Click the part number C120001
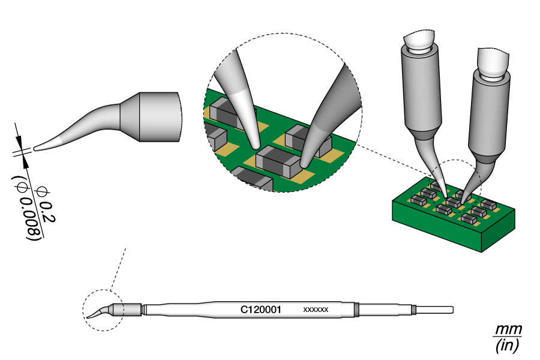(262, 310)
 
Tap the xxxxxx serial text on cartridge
(316, 310)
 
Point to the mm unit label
(508, 330)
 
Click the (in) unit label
(507, 346)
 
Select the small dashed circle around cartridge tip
(103, 310)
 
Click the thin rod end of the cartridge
(434, 310)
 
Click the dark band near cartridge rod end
(356, 310)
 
